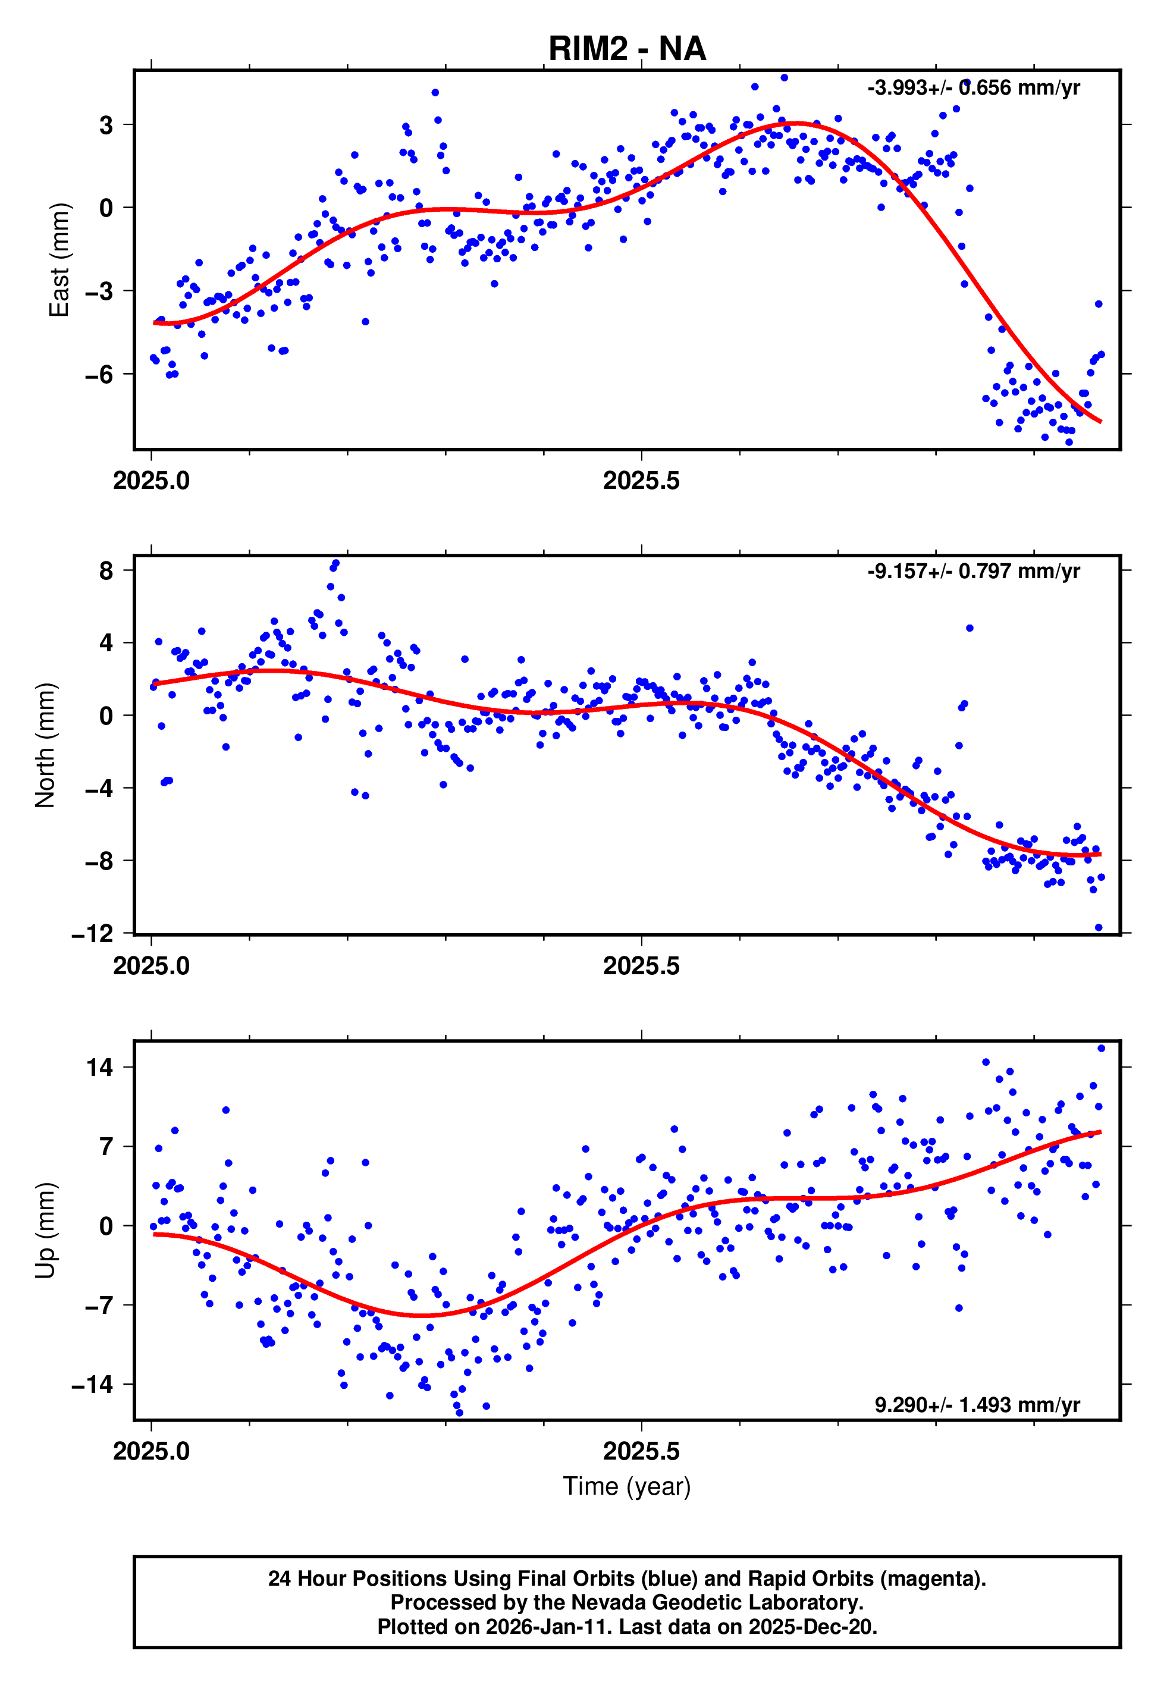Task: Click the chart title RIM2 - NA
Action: [x=627, y=49]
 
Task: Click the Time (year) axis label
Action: [x=627, y=1486]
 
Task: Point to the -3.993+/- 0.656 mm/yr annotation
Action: [x=973, y=89]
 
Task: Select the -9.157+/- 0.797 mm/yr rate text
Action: [x=973, y=571]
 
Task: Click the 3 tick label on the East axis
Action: [x=106, y=125]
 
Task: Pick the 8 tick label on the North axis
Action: [x=106, y=571]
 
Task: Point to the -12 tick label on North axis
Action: [x=93, y=934]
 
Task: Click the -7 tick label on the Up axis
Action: [x=99, y=1306]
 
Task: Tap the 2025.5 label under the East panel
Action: [x=641, y=481]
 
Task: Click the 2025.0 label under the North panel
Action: [x=151, y=967]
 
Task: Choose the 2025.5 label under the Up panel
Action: [x=641, y=1452]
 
